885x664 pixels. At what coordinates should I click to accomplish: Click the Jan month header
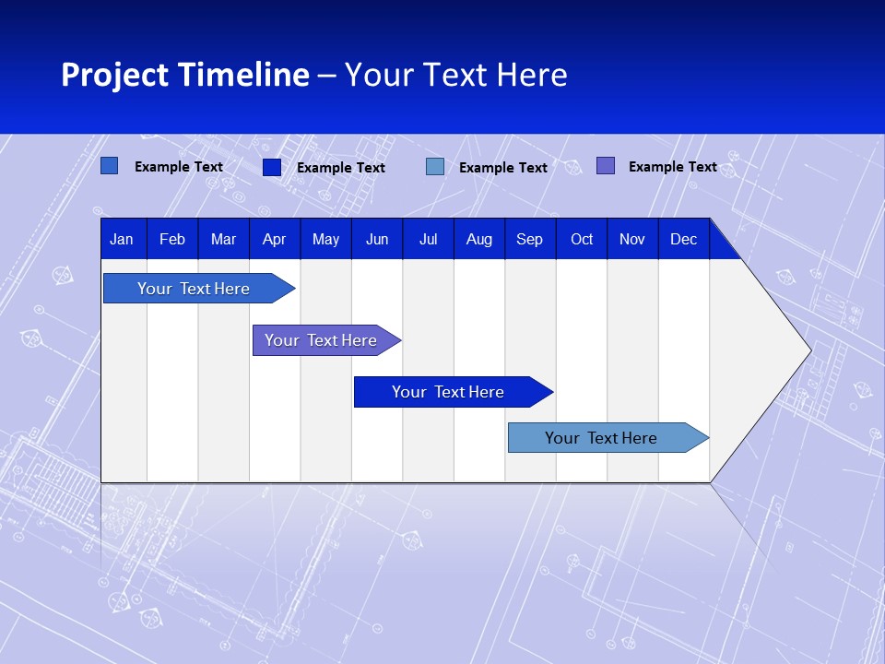point(122,239)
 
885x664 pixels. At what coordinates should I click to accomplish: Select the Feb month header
point(172,239)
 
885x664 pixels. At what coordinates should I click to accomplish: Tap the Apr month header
point(274,239)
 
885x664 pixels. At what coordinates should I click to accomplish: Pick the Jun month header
point(377,239)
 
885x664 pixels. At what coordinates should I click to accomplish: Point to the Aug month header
point(478,239)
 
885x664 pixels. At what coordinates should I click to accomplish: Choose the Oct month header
point(582,239)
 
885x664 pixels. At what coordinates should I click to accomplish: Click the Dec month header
point(683,239)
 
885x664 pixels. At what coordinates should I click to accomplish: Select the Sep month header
point(529,239)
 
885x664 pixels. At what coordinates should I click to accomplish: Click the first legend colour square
point(109,166)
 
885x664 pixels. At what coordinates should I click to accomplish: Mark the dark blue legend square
point(272,167)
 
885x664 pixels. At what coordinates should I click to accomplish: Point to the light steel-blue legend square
point(435,167)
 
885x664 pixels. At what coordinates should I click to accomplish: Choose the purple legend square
point(606,166)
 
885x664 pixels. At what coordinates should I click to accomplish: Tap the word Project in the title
point(112,75)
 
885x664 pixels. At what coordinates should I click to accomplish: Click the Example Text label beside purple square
point(672,167)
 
